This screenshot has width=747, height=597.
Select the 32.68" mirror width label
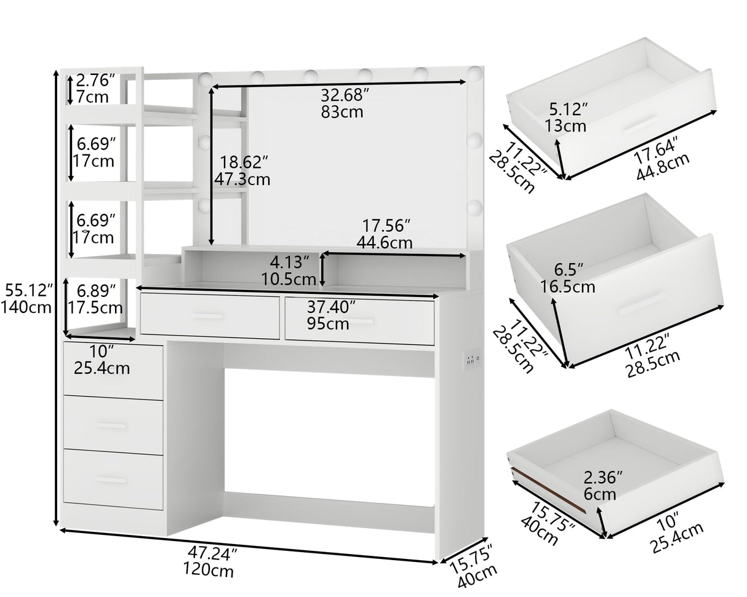click(345, 95)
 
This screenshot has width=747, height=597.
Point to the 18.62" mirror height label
click(244, 162)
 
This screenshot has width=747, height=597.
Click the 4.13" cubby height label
click(289, 263)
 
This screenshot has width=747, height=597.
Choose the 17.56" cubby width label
click(386, 226)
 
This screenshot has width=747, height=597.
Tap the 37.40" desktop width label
click(331, 307)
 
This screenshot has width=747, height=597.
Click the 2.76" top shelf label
click(95, 80)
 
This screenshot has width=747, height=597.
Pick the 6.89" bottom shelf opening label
click(96, 291)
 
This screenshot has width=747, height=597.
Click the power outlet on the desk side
click(473, 359)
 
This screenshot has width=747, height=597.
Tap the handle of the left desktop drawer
click(207, 316)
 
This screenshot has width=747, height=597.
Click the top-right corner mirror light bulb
click(474, 74)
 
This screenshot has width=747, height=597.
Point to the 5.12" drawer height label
click(568, 109)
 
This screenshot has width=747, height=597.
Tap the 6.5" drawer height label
click(569, 269)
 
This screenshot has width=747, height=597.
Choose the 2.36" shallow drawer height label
click(603, 477)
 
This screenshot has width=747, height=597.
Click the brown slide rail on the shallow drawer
click(549, 490)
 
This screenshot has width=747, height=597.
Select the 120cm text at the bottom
click(208, 570)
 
